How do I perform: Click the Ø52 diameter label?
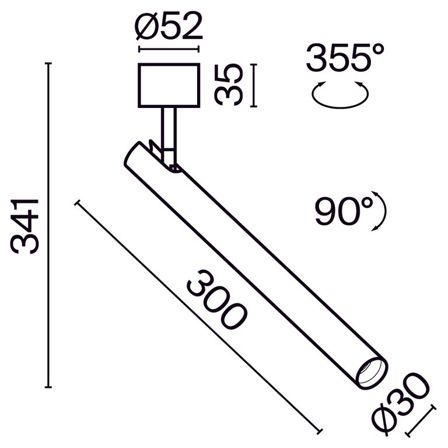click(169, 26)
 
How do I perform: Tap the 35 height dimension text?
click(228, 85)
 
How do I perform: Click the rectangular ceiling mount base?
click(169, 85)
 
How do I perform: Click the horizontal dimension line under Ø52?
click(169, 50)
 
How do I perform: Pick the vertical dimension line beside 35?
click(253, 85)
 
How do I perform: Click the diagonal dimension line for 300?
click(198, 317)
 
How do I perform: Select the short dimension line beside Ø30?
click(421, 419)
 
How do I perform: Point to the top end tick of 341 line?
click(48, 63)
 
